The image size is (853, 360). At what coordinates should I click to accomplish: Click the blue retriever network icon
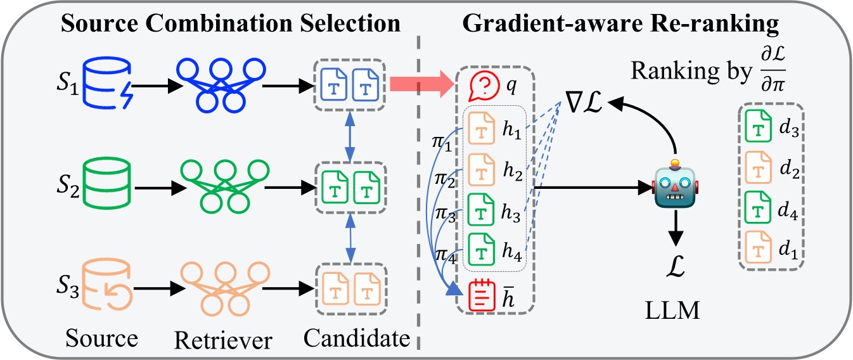[219, 84]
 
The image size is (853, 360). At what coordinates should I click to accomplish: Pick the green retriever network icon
[219, 188]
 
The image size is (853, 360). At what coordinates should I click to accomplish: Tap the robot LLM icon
[676, 186]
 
